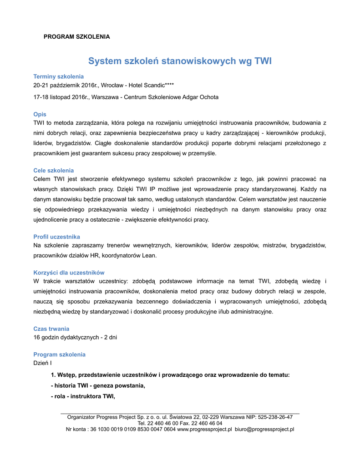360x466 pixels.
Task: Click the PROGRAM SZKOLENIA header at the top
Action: [x=76, y=36]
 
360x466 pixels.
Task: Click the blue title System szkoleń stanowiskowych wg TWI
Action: [x=180, y=61]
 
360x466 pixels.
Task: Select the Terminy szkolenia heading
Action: [x=58, y=76]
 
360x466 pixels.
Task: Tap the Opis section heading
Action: [x=40, y=114]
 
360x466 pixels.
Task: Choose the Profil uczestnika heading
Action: [x=56, y=237]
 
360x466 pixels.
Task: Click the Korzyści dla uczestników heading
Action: [x=69, y=273]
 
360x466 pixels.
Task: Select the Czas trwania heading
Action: [x=51, y=329]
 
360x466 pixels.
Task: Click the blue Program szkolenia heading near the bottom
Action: [x=59, y=355]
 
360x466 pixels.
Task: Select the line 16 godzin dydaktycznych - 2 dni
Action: [x=75, y=337]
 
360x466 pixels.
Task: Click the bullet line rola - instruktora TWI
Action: [x=83, y=396]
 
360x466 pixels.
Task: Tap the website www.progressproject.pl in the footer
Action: [x=204, y=429]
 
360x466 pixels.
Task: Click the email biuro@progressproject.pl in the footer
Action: [x=264, y=429]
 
